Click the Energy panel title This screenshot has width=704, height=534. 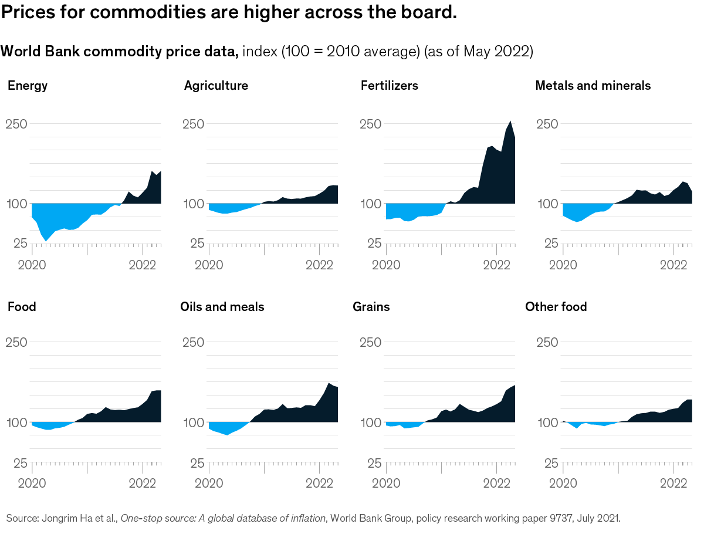click(28, 86)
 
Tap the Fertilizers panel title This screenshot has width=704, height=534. click(389, 86)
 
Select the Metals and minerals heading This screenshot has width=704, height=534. click(593, 86)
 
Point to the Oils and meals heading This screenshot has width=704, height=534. click(222, 307)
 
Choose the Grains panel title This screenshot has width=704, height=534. click(371, 307)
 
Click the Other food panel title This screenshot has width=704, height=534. click(556, 307)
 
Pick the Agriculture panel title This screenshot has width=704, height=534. click(216, 86)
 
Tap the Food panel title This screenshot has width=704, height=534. click(22, 307)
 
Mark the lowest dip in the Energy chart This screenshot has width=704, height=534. click(46, 241)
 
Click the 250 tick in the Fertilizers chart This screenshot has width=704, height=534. click(370, 124)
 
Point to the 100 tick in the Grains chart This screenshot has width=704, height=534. click(370, 423)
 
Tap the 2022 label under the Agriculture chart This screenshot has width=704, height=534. click(320, 264)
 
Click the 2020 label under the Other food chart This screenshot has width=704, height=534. click(563, 484)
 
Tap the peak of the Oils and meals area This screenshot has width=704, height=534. click(330, 383)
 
